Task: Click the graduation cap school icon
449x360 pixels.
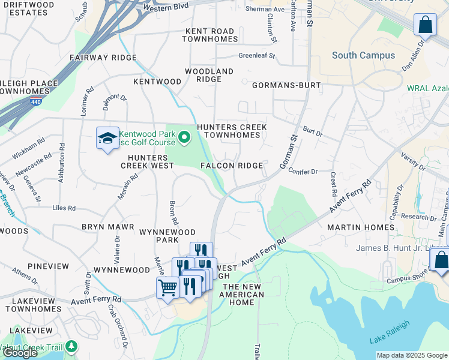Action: tap(107, 139)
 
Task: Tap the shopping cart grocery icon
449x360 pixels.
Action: tap(167, 287)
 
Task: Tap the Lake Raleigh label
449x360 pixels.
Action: tap(390, 332)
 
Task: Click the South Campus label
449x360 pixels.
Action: tap(363, 55)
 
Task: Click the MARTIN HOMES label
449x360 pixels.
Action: tap(360, 227)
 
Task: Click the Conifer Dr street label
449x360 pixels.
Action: tap(303, 172)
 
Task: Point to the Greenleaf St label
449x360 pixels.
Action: tap(256, 56)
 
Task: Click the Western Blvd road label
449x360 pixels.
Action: tap(166, 7)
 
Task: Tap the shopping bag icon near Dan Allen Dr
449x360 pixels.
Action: tap(425, 26)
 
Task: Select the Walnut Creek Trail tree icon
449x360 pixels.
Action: tap(72, 347)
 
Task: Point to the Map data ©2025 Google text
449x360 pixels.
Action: tap(412, 355)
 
